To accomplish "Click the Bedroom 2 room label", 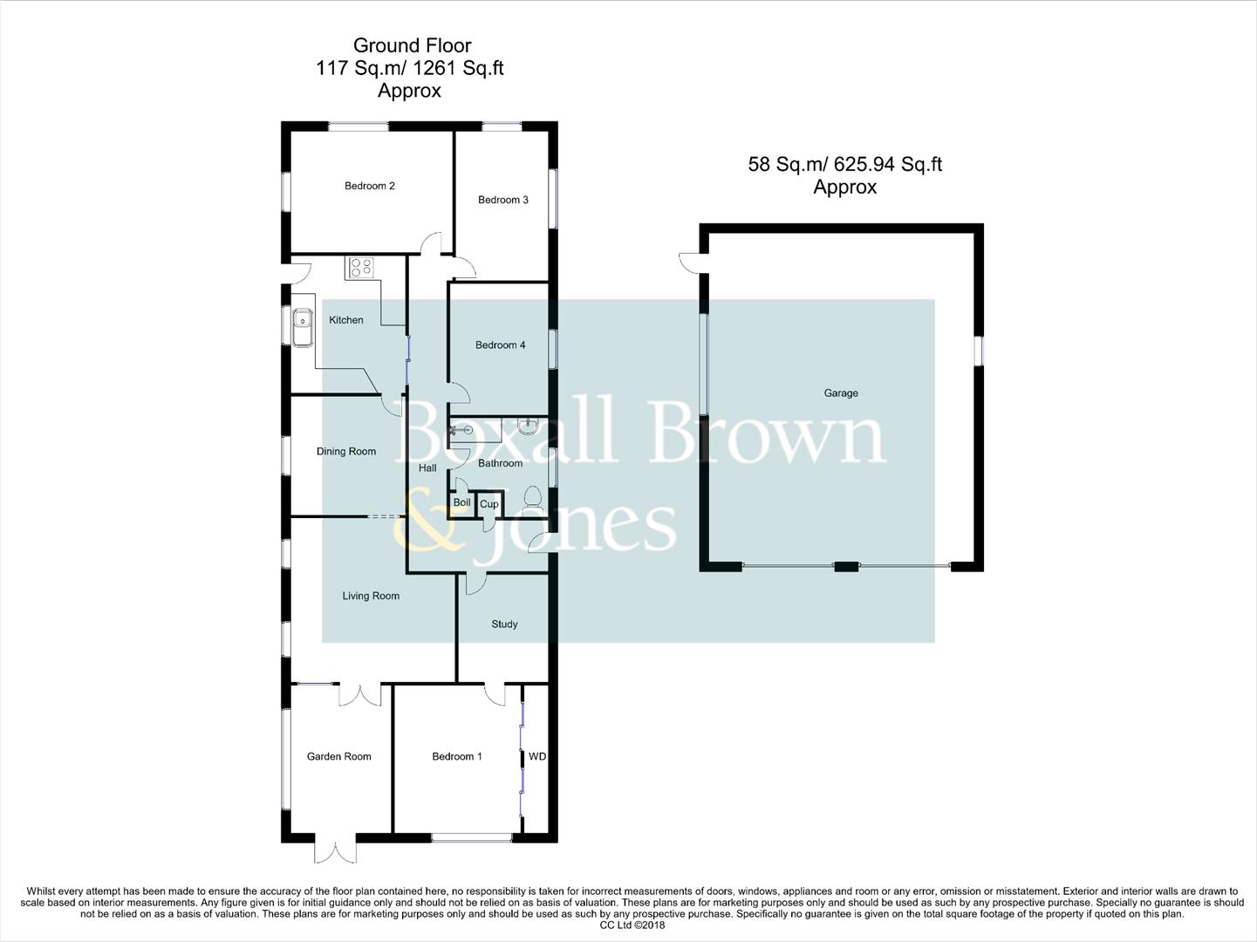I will (x=369, y=186).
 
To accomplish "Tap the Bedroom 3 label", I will (x=502, y=200).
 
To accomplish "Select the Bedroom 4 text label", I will (x=500, y=345).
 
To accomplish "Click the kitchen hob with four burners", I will (x=359, y=267).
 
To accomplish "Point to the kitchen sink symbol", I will (x=303, y=327).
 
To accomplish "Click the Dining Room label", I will (x=346, y=452).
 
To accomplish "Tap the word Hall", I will (x=427, y=468).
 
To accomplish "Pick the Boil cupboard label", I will (x=461, y=502).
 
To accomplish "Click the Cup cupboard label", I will (x=489, y=504).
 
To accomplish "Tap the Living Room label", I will (x=371, y=597).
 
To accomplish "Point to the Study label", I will (x=504, y=625).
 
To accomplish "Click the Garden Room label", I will (x=338, y=757).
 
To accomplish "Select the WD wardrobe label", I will (x=537, y=757).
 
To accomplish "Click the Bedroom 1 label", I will (x=456, y=757).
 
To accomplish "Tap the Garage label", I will (x=841, y=393).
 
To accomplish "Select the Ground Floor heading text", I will (x=412, y=45).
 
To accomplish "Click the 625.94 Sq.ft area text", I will (x=888, y=164).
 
